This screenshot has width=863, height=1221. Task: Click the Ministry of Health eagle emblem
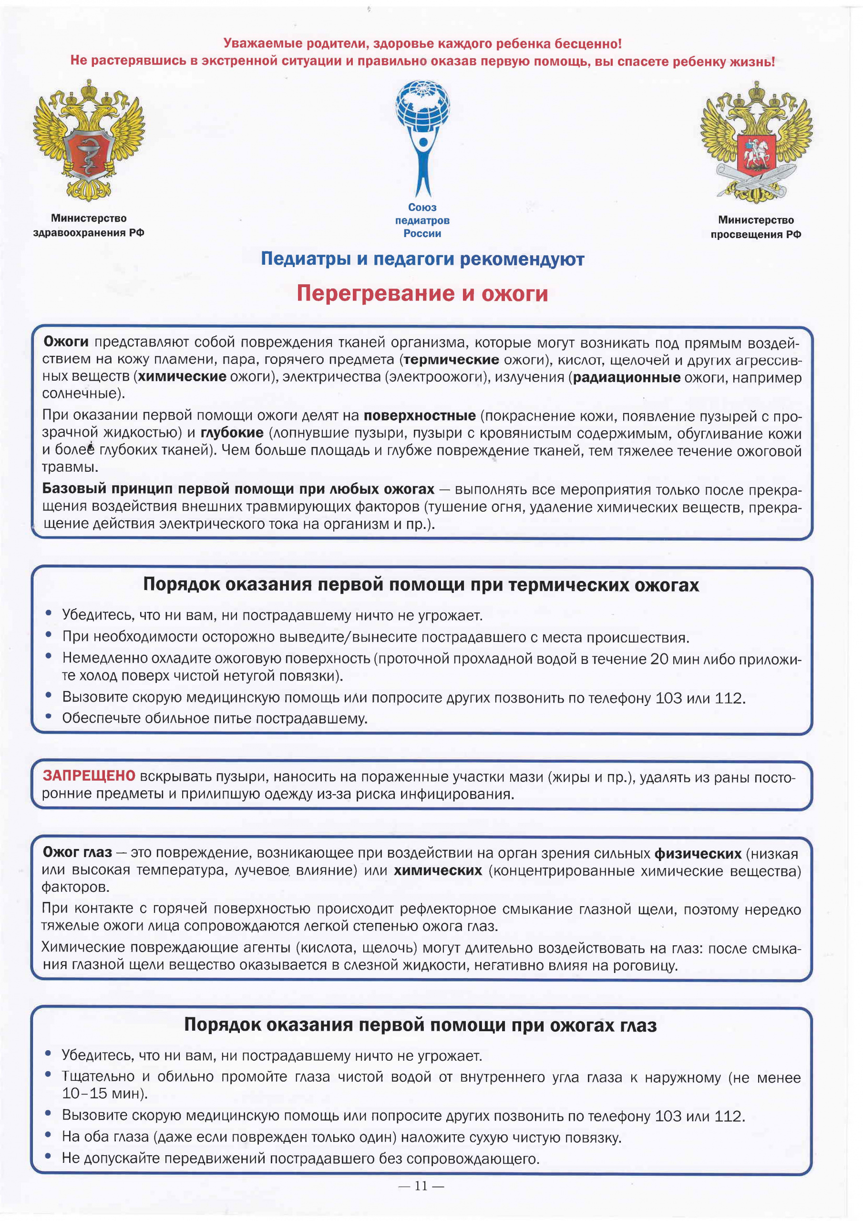pos(89,140)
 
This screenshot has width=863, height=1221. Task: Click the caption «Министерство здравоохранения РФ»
pos(89,226)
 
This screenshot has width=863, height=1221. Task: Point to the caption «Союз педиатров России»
pos(422,220)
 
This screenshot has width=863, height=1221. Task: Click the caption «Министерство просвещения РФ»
pos(756,227)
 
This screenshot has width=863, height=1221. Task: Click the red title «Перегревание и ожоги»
pos(422,293)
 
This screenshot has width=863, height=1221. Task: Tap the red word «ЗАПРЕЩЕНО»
pos(89,776)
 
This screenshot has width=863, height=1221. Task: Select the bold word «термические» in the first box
pos(452,360)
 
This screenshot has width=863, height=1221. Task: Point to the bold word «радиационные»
pos(627,378)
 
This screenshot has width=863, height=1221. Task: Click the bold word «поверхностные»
pos(420,415)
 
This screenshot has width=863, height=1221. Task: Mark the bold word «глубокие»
pos(232,433)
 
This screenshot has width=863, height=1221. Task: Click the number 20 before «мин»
pos(659,659)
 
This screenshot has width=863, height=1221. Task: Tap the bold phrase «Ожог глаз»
pos(77,852)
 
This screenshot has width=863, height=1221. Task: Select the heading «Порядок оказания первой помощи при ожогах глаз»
pos(420,1025)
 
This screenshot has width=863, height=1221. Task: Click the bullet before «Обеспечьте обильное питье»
pos(48,717)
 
